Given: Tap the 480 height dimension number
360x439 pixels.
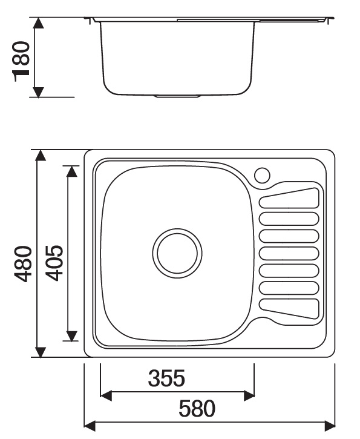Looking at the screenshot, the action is click(23, 264).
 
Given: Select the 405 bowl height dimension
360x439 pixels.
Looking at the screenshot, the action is click(54, 263).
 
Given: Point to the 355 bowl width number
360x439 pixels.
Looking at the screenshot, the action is click(166, 378).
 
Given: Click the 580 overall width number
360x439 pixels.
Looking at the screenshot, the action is click(197, 409).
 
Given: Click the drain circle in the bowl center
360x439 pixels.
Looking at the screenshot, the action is click(177, 253).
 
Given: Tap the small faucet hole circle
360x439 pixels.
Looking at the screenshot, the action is click(262, 175).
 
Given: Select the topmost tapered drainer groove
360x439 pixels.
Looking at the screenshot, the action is click(289, 198).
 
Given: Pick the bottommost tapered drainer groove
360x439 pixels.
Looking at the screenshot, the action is click(289, 309).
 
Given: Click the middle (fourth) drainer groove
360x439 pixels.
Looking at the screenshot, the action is click(289, 253).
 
